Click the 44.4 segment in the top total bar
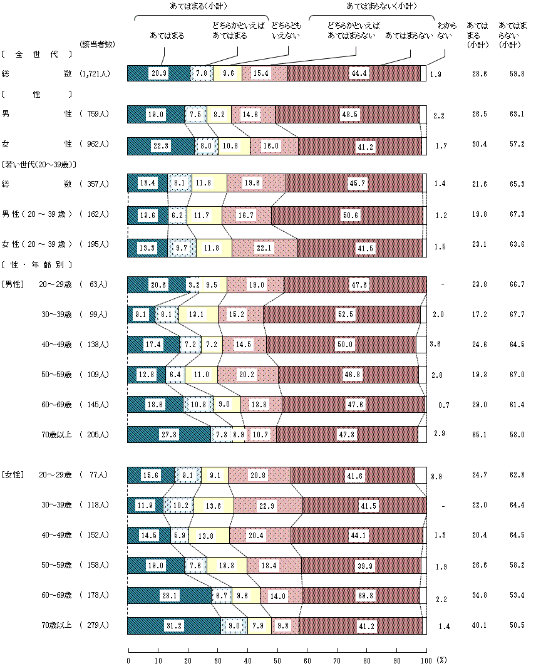tap(354, 73)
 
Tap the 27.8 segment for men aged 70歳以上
tap(168, 434)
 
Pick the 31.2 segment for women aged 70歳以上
tap(174, 625)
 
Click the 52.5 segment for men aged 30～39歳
tap(341, 315)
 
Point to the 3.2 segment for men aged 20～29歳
tap(193, 284)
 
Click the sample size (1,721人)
tap(95, 74)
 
